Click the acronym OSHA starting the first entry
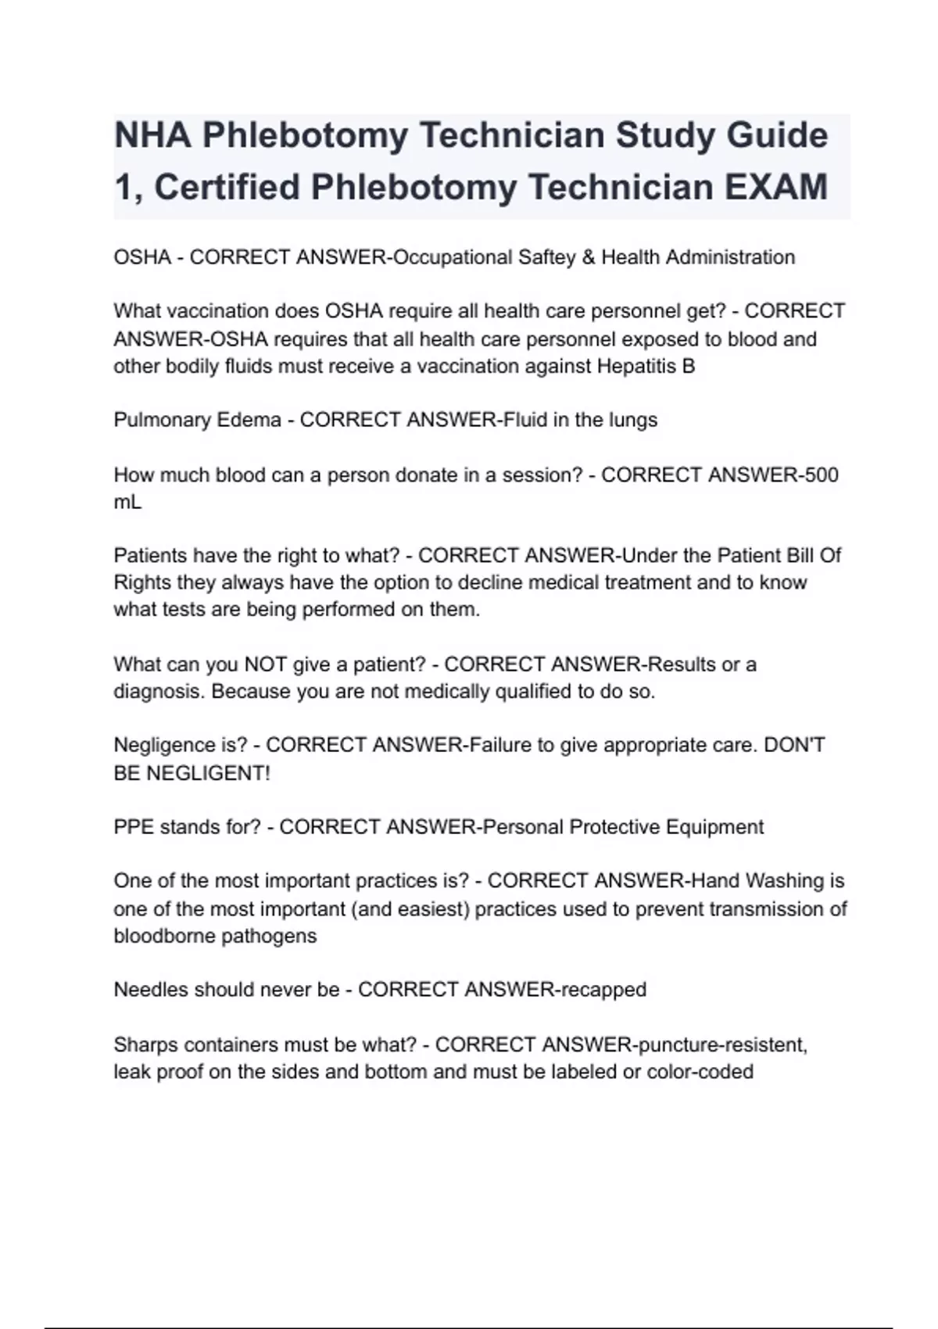coord(141,257)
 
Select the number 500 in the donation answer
coord(821,475)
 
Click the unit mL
coord(127,502)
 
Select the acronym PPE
coord(134,827)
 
